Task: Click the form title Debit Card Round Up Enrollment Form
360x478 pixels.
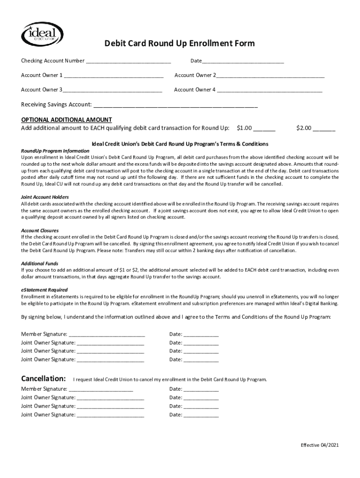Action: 180,43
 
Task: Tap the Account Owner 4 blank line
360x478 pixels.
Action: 269,90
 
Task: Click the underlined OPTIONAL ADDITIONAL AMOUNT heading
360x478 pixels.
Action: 66,119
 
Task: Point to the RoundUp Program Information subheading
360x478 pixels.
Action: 55,151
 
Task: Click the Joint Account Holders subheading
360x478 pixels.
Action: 45,197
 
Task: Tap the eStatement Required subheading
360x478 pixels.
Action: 44,290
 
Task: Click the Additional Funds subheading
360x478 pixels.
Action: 40,263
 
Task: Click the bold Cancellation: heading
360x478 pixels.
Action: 43,378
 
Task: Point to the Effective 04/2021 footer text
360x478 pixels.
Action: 319,445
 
